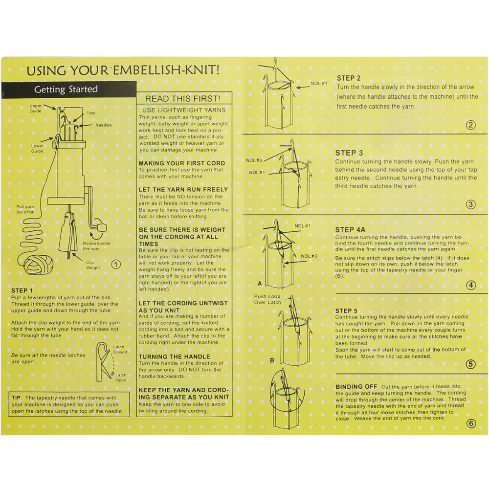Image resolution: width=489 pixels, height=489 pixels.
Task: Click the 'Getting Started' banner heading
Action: tap(66, 89)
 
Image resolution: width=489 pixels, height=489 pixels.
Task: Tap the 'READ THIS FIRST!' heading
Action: tap(183, 99)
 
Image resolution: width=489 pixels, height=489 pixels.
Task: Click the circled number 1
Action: tap(116, 265)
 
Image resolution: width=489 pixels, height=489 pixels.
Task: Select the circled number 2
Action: tap(470, 125)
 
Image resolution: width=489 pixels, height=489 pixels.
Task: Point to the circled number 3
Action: tap(470, 204)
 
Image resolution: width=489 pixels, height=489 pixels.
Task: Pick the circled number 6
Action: tap(471, 423)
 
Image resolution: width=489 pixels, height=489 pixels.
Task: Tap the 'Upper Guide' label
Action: tap(35, 109)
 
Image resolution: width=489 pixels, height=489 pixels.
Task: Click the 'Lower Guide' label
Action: tap(37, 149)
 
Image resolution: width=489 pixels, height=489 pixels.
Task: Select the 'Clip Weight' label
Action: tap(93, 265)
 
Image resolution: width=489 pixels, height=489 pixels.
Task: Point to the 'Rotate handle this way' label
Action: tap(96, 246)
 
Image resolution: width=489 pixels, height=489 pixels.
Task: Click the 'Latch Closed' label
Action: tap(120, 349)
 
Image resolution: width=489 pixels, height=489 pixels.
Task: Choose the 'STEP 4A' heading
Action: tap(350, 230)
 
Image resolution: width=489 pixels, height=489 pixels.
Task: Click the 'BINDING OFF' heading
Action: tap(356, 387)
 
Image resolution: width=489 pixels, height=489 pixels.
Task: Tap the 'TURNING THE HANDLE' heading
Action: tap(175, 357)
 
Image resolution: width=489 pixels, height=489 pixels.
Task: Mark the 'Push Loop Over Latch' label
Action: tap(267, 299)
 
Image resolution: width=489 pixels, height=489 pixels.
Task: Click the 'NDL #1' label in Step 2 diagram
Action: tap(319, 83)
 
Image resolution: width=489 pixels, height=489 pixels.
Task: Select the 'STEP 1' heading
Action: tap(22, 290)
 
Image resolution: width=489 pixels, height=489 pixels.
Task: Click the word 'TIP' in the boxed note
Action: tap(16, 398)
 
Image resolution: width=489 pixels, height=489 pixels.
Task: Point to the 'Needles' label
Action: tap(104, 125)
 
